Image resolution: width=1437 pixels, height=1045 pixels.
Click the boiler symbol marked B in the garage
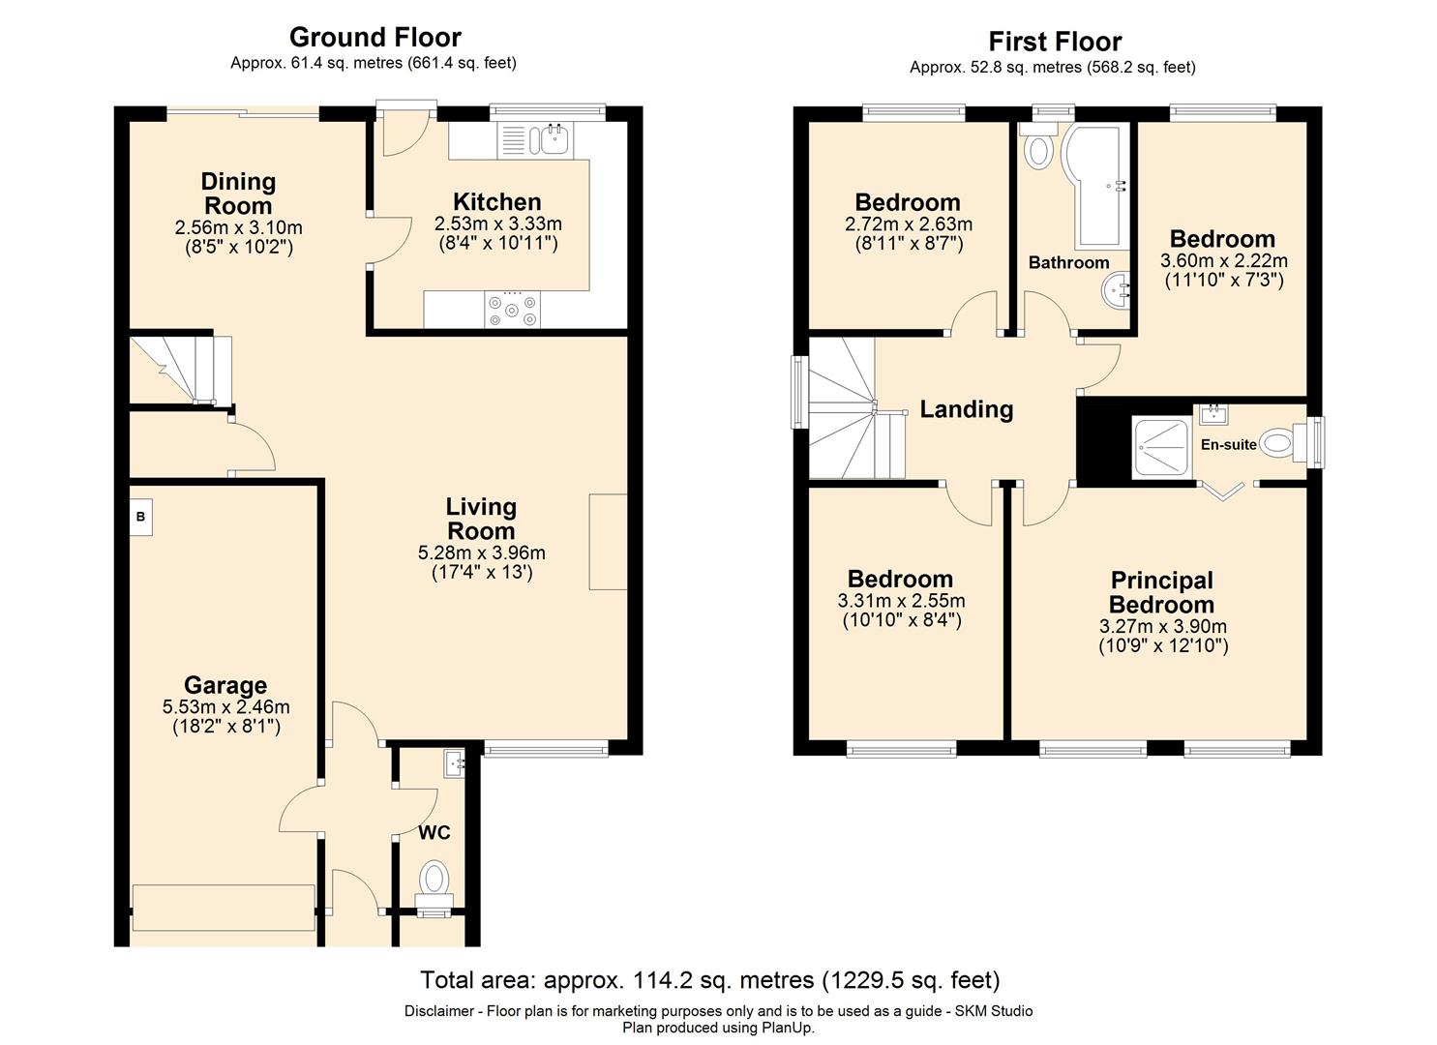pyautogui.click(x=140, y=517)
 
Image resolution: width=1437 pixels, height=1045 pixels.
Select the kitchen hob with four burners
pyautogui.click(x=512, y=310)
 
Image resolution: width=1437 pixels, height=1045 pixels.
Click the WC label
pyautogui.click(x=434, y=833)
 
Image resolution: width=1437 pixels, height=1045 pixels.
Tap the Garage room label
pyautogui.click(x=225, y=685)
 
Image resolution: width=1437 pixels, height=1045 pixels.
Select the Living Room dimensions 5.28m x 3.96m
pyautogui.click(x=482, y=552)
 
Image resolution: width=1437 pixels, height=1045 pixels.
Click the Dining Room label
pyautogui.click(x=239, y=194)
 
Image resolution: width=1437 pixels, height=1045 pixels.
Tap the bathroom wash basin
pyautogui.click(x=1117, y=291)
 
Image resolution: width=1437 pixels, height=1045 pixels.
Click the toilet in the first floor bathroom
pyautogui.click(x=1038, y=145)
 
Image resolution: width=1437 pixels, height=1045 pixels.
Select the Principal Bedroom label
pyautogui.click(x=1162, y=592)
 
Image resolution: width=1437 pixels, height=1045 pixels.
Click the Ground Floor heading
pyautogui.click(x=375, y=37)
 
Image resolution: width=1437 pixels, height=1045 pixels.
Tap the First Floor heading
pyautogui.click(x=1056, y=42)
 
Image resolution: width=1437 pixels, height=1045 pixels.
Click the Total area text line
pyautogui.click(x=710, y=980)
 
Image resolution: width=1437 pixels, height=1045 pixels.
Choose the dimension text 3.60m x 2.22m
pyautogui.click(x=1224, y=261)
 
